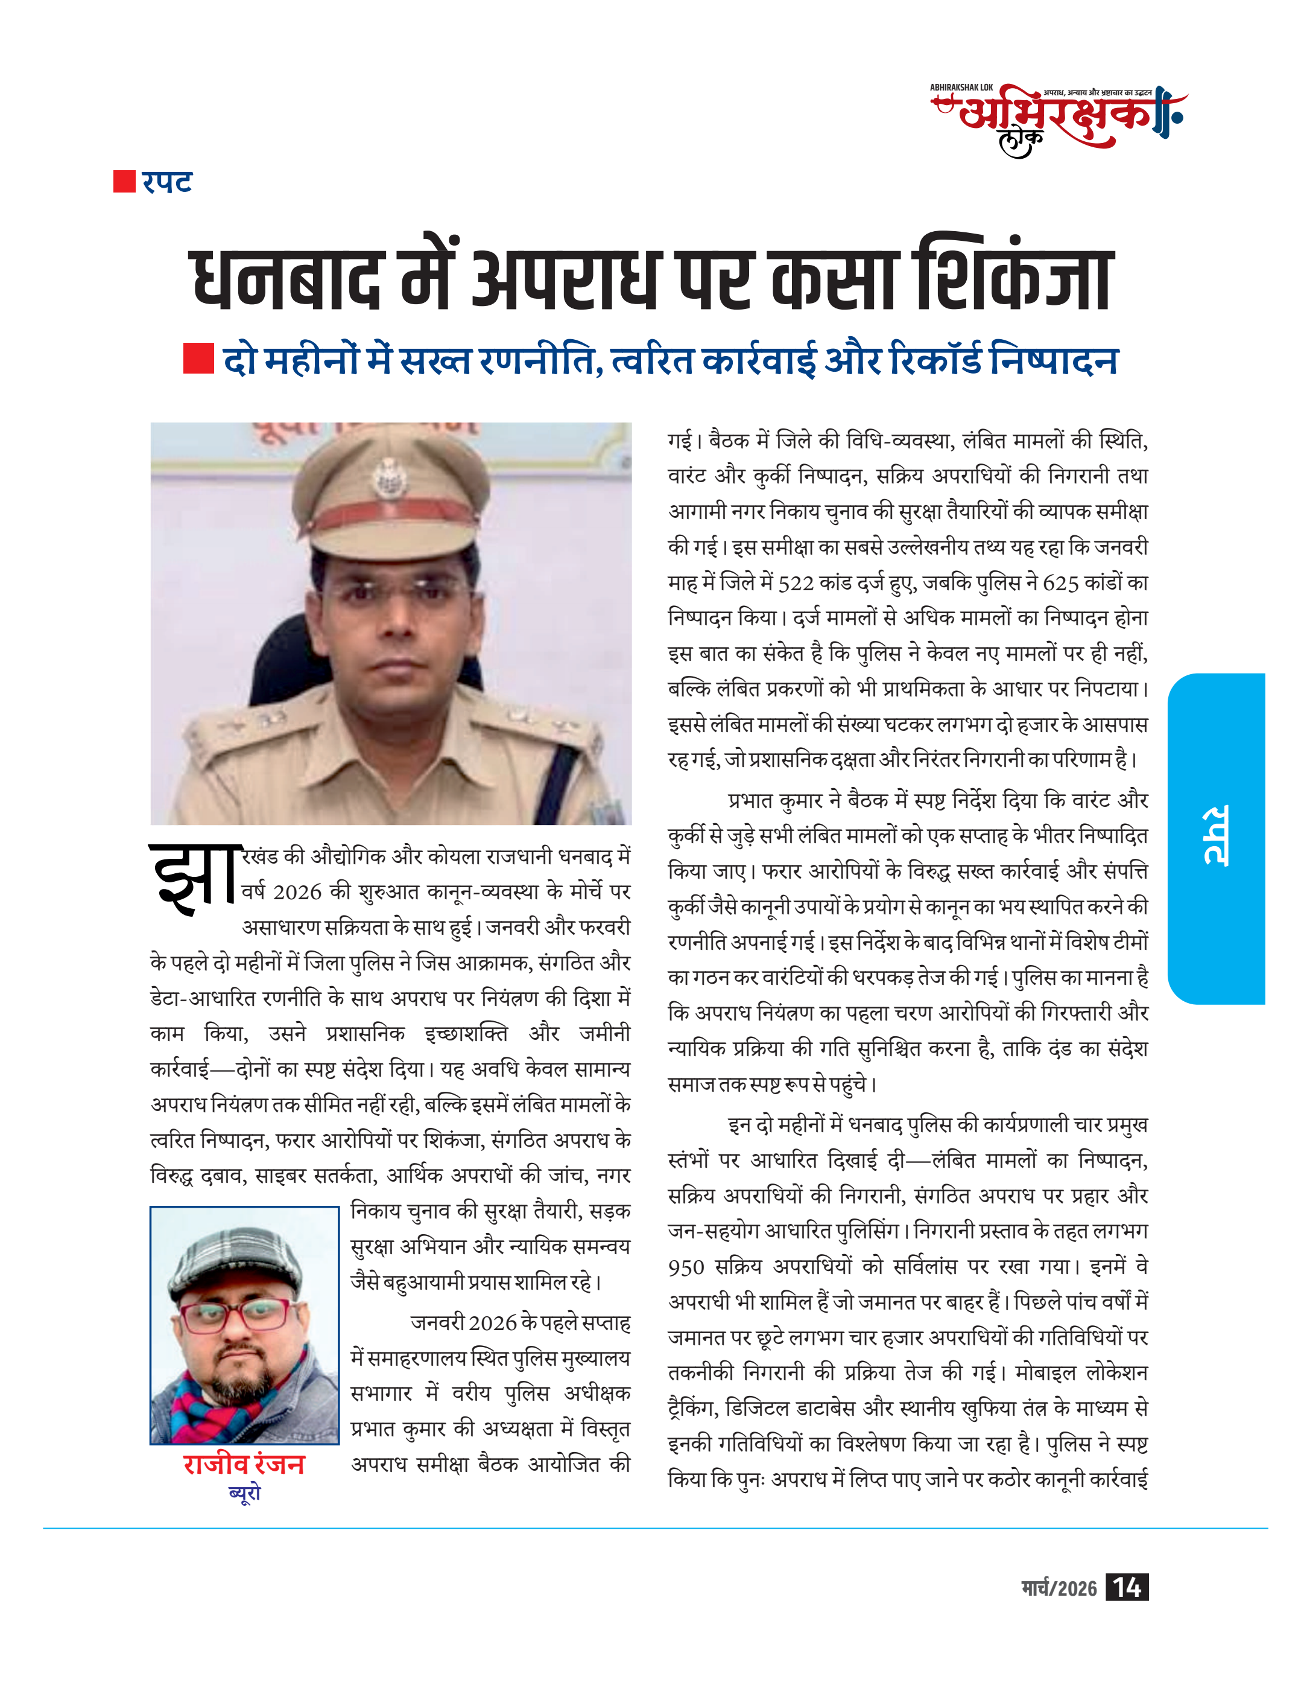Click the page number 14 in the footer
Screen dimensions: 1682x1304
[x=1126, y=1587]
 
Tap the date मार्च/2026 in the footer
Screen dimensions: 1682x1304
[x=1059, y=1588]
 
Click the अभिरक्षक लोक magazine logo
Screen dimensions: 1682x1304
[x=1059, y=119]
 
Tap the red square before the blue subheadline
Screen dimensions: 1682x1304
[x=198, y=359]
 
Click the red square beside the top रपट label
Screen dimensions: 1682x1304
[x=123, y=182]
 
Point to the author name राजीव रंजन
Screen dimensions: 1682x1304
[x=244, y=1464]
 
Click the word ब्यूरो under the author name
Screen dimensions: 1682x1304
[x=245, y=1492]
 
